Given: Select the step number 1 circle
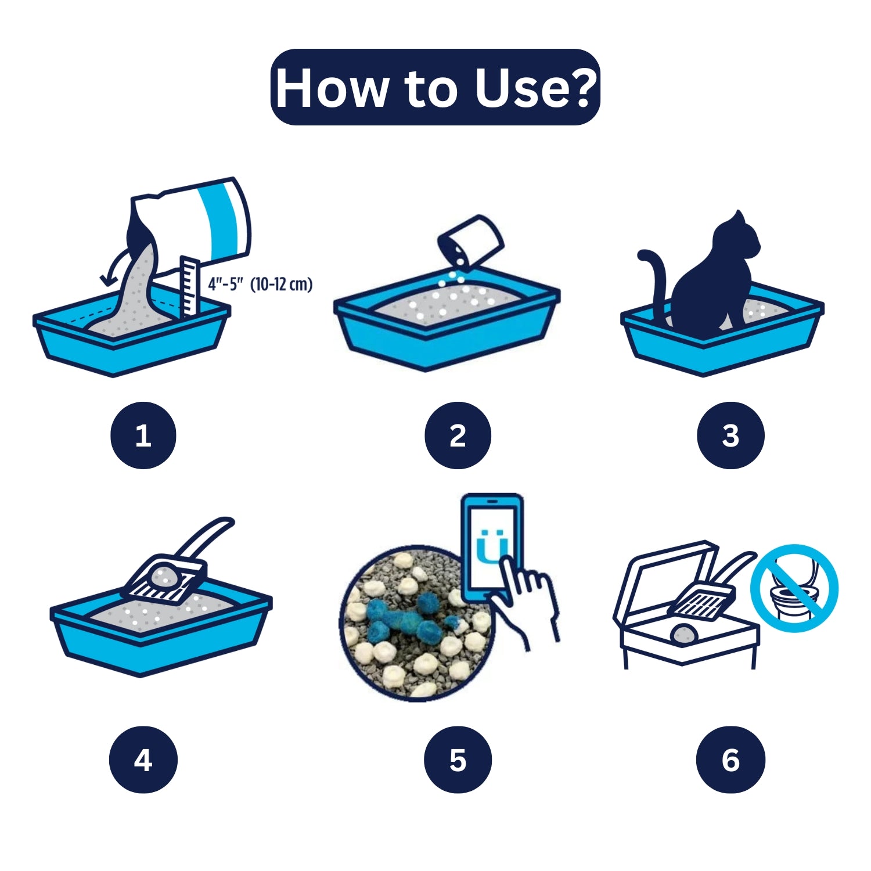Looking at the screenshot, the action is [143, 435].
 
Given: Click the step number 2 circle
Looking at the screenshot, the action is [458, 435].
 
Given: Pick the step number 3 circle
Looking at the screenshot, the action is [730, 435].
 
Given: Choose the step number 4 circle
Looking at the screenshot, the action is [143, 760].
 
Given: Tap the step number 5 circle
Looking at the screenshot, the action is [458, 760].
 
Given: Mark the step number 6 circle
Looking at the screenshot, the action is [730, 760].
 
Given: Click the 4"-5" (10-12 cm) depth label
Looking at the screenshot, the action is [260, 285].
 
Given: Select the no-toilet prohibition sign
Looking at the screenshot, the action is [794, 588].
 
